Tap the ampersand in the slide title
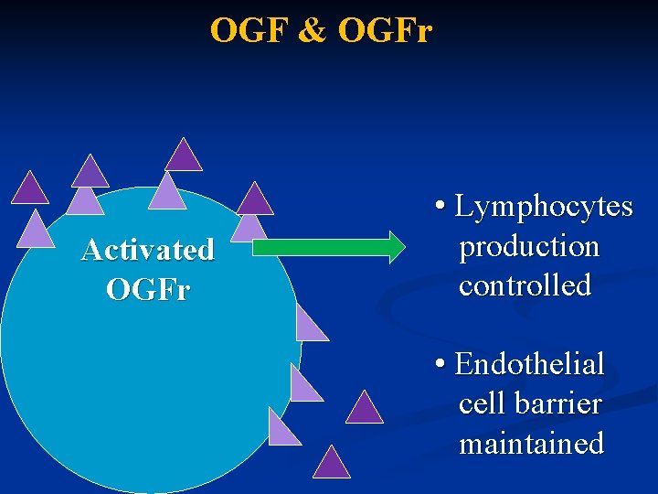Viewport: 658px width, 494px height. pyautogui.click(x=313, y=30)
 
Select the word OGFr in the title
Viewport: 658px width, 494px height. pyautogui.click(x=384, y=30)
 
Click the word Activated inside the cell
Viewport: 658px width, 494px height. pyautogui.click(x=147, y=250)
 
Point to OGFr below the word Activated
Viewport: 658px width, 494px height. pyautogui.click(x=147, y=290)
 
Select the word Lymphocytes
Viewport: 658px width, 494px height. pyautogui.click(x=544, y=207)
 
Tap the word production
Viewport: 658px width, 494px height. pyautogui.click(x=529, y=246)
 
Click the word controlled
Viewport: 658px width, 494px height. pyautogui.click(x=525, y=285)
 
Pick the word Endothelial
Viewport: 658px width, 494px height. pyautogui.click(x=529, y=364)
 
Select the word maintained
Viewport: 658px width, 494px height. pyautogui.click(x=531, y=444)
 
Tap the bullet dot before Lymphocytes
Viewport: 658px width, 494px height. pyautogui.click(x=441, y=208)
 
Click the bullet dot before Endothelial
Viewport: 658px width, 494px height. pyautogui.click(x=441, y=365)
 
